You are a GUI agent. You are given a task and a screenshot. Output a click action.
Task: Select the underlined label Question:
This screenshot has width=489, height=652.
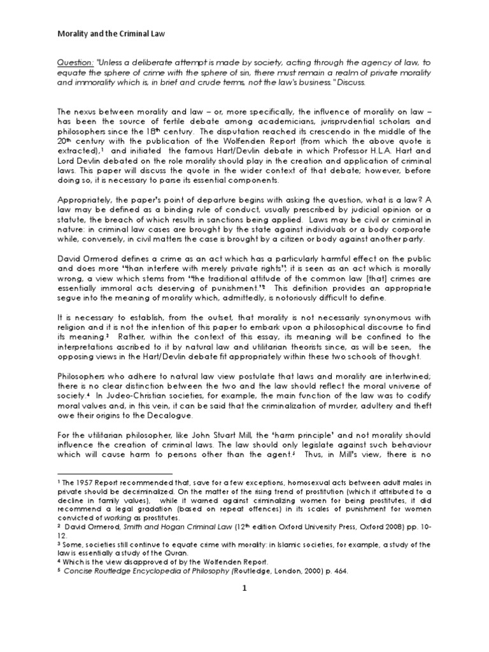tap(75, 63)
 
